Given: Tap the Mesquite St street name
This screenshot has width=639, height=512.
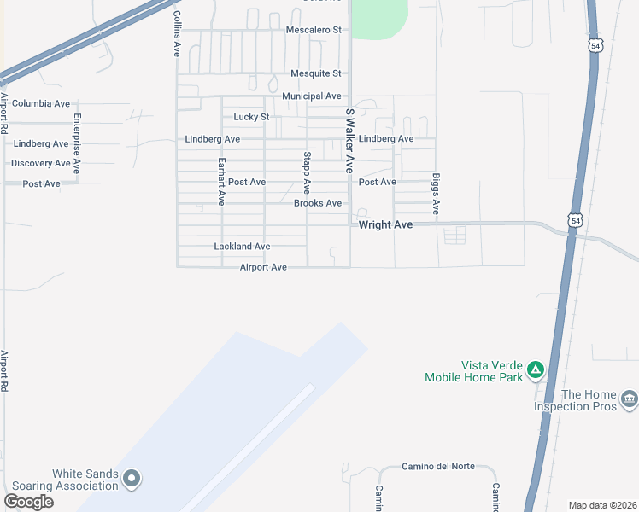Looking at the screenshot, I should click(x=315, y=74).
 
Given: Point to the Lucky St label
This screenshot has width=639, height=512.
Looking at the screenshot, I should click(x=251, y=117).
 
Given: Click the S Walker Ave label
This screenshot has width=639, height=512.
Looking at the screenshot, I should click(x=349, y=141).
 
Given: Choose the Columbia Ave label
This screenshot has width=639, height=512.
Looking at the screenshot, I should click(x=41, y=103).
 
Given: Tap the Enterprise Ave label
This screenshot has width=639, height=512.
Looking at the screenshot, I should click(x=77, y=143).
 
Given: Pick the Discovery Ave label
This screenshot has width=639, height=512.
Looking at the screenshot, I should click(x=41, y=163).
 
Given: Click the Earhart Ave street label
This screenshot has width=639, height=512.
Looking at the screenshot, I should click(x=221, y=181).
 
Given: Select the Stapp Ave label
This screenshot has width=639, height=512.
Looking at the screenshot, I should click(x=306, y=172).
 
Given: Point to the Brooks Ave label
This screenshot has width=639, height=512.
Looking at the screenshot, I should click(x=318, y=203).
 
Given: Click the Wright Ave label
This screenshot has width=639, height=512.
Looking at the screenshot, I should click(x=385, y=224).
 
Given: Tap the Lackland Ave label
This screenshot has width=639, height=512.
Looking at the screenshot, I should click(x=242, y=247).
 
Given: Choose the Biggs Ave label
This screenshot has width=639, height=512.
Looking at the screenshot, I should click(x=436, y=194).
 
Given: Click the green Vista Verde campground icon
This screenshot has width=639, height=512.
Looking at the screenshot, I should click(x=536, y=369).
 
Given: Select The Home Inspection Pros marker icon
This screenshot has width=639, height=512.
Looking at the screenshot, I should click(x=630, y=399).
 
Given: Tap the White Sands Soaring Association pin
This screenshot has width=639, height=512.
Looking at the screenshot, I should click(x=132, y=479).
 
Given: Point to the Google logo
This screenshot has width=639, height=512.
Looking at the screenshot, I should click(x=28, y=502).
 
